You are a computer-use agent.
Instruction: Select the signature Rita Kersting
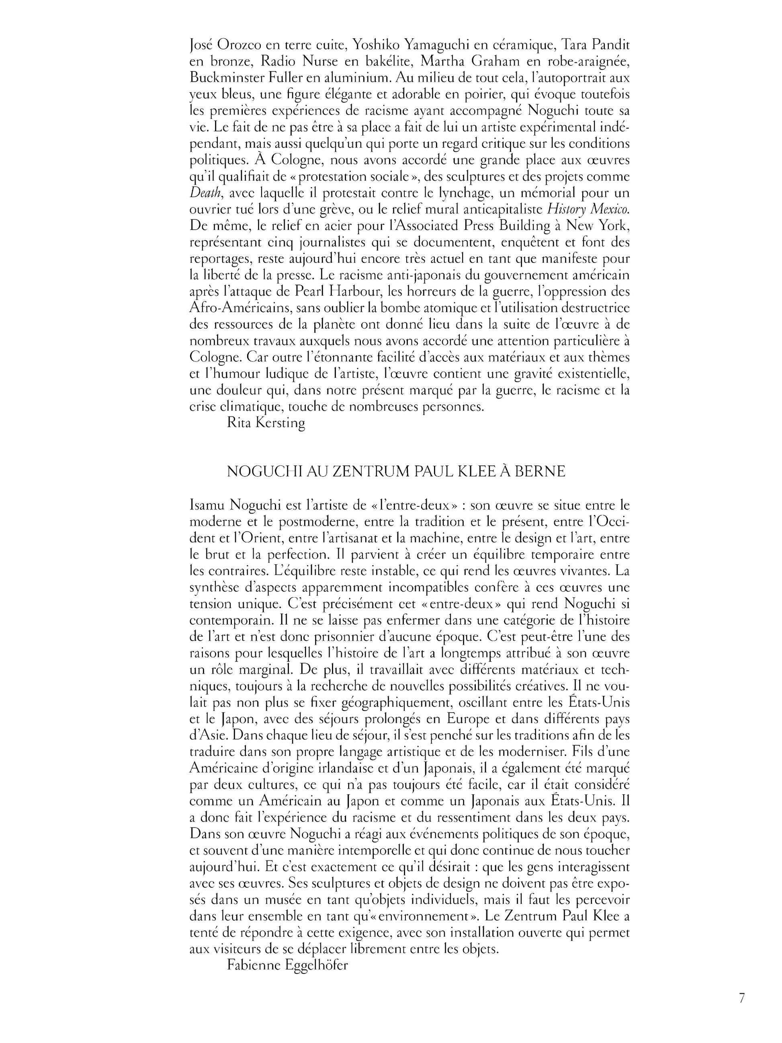click(x=266, y=422)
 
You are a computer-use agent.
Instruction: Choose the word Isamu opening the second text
click(x=207, y=505)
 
